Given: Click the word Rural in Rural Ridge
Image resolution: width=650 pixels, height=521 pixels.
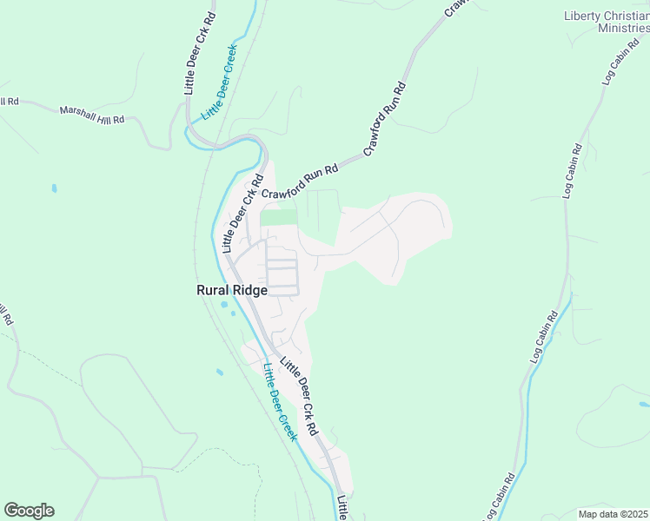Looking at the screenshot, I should [x=214, y=292].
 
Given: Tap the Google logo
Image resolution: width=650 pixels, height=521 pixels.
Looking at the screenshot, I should [x=29, y=511].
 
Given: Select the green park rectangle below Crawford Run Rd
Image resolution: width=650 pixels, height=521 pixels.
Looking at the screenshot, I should [x=278, y=217].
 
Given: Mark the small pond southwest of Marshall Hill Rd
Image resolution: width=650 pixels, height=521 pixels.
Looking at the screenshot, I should [x=54, y=187].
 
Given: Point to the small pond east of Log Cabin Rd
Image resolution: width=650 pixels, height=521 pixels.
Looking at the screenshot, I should [x=643, y=405].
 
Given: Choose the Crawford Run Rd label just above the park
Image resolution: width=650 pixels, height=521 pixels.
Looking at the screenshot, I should [x=300, y=180].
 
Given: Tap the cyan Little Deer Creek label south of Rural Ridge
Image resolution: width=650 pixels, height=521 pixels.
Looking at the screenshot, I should [x=280, y=401].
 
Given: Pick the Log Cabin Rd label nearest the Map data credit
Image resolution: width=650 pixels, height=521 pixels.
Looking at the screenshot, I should [x=506, y=495].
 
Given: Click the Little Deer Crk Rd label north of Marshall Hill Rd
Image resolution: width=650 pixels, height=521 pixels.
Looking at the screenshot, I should [x=200, y=54].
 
